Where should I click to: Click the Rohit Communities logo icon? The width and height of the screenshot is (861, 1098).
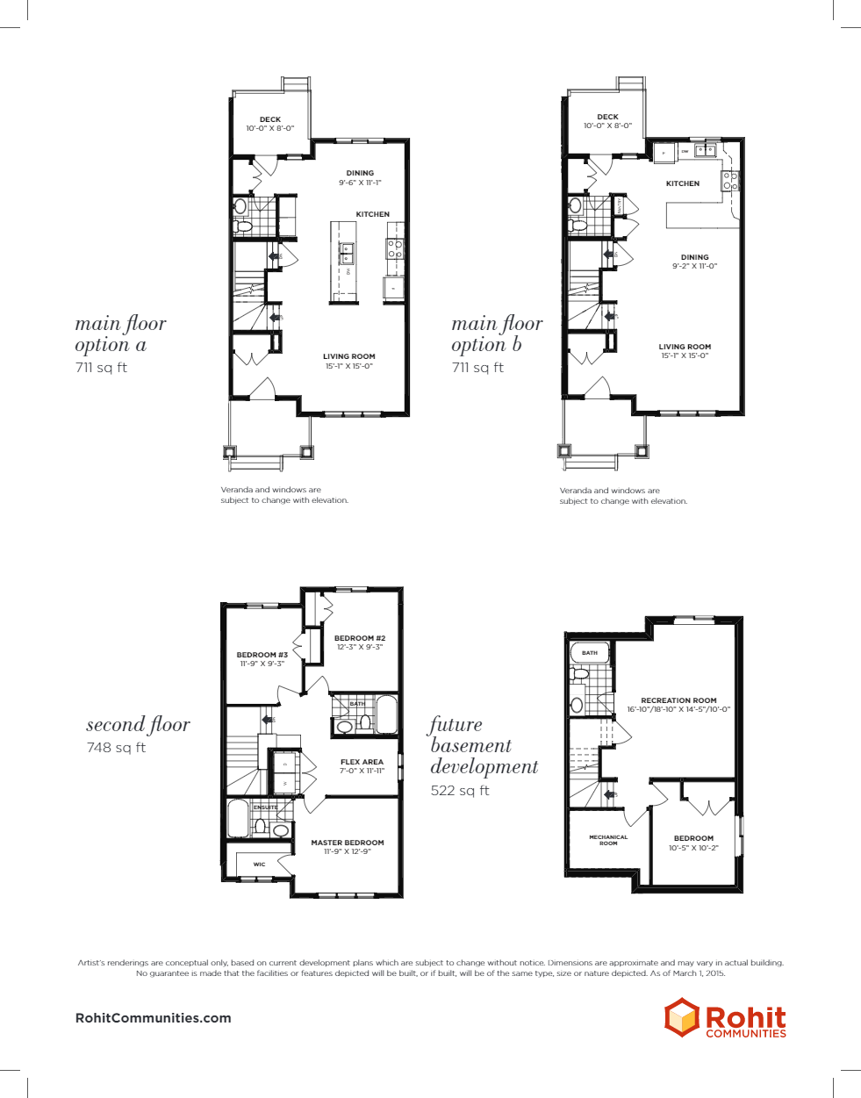pos(681,1017)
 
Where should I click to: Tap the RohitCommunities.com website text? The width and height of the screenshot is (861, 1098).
pos(154,1018)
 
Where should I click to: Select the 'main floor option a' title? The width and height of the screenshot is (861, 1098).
pos(120,334)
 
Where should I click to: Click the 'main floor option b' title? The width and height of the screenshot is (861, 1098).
pos(497,334)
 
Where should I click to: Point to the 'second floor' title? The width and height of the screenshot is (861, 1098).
pos(138,725)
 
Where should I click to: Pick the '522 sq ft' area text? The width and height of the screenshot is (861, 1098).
pos(460,791)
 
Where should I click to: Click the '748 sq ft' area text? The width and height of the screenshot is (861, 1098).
pos(116,748)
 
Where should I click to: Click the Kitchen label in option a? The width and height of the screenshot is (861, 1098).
pos(372,214)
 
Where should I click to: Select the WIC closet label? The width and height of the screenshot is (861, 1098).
pos(259,865)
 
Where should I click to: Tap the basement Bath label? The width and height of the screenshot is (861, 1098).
pos(590,653)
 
